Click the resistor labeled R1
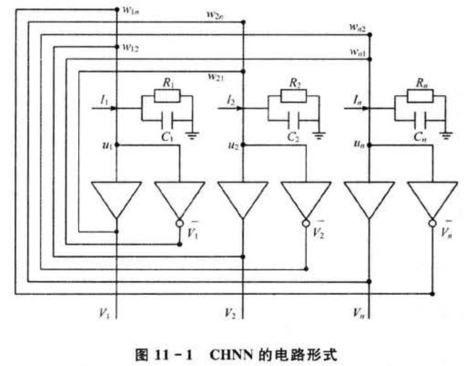[x=167, y=94]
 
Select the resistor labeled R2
[x=294, y=94]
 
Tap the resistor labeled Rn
[x=420, y=94]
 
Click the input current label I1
[x=104, y=101]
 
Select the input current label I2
[x=230, y=101]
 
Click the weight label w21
[x=215, y=76]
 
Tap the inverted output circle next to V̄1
[x=179, y=223]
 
